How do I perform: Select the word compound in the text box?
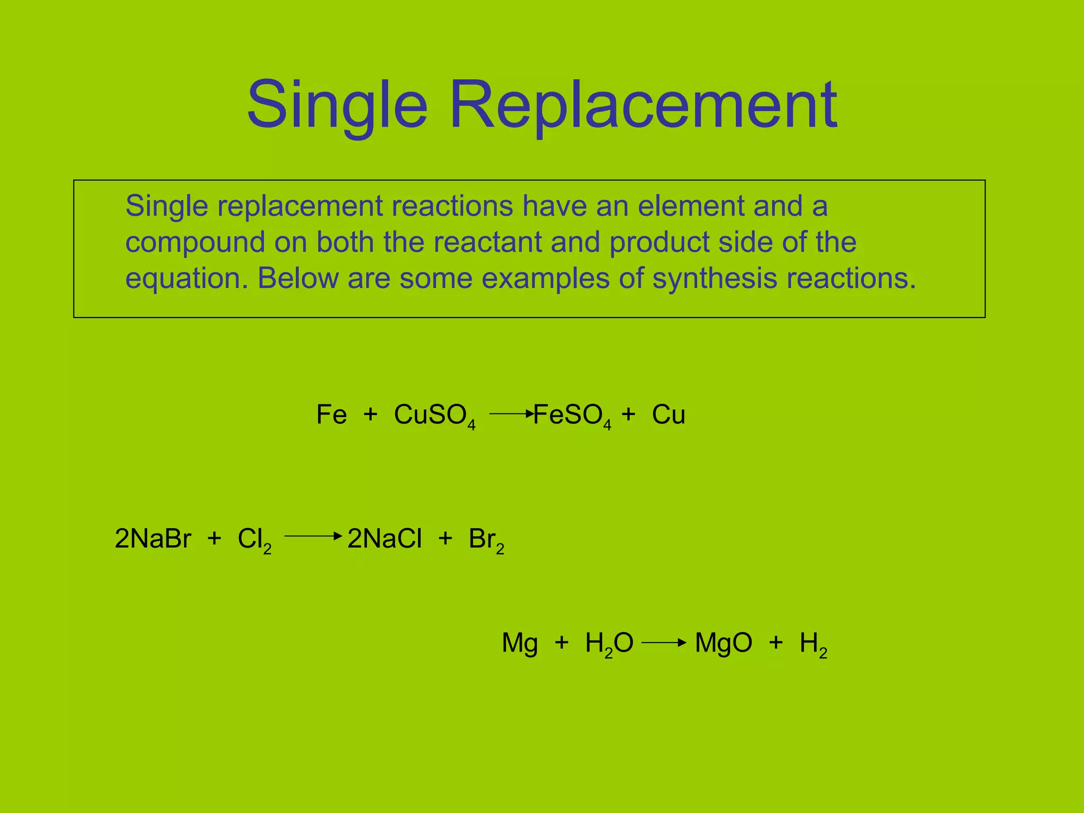click(x=195, y=243)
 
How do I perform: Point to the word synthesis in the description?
click(x=715, y=278)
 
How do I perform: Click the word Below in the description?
click(x=297, y=278)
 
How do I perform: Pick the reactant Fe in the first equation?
click(x=331, y=414)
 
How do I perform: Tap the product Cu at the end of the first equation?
click(x=669, y=414)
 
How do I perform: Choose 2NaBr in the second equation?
click(x=152, y=539)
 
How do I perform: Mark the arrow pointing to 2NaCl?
click(x=313, y=536)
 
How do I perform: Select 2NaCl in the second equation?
click(x=384, y=539)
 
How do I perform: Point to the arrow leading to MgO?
click(x=664, y=643)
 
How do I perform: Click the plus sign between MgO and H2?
click(x=776, y=643)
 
